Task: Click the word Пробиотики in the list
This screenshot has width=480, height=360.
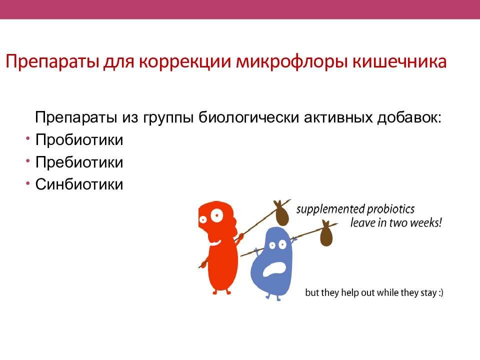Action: (79, 140)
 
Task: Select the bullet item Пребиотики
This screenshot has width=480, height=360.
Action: (79, 162)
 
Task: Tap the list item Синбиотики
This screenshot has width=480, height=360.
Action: (79, 184)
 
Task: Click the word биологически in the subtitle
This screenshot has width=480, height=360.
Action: (248, 118)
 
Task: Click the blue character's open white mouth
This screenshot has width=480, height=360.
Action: (274, 269)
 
